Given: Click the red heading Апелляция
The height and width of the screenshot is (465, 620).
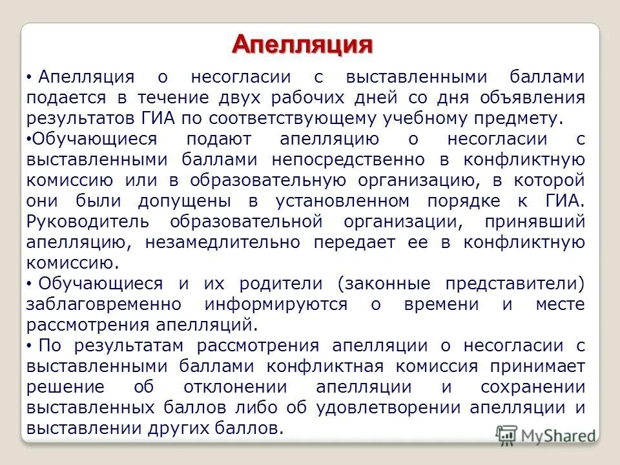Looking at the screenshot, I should click(x=303, y=45).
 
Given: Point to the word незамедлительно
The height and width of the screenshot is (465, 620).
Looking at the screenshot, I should click(x=223, y=242).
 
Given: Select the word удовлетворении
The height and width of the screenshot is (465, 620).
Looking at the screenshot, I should click(x=388, y=408).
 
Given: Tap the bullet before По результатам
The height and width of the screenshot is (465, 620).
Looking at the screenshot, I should click(x=30, y=347).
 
